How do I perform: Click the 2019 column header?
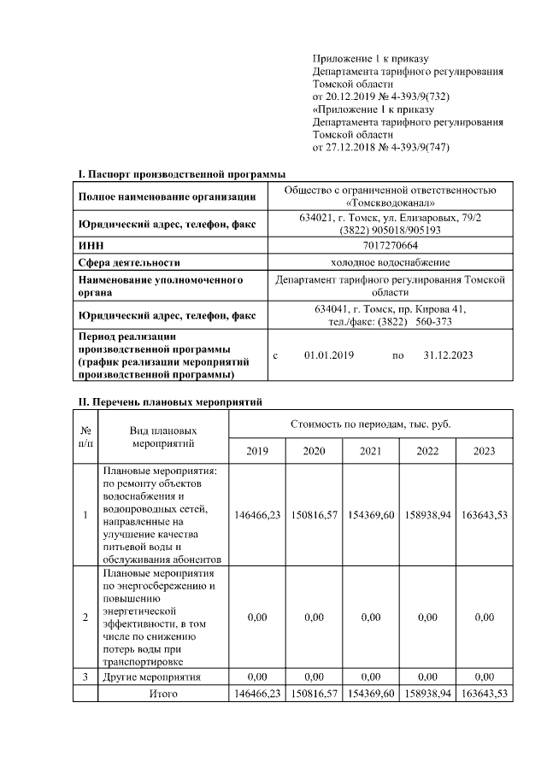pyautogui.click(x=257, y=451)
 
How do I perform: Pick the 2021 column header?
pyautogui.click(x=371, y=451)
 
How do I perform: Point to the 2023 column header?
pyautogui.click(x=485, y=451)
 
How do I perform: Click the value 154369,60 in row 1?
pyautogui.click(x=371, y=515)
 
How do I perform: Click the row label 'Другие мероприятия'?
pyautogui.click(x=151, y=677)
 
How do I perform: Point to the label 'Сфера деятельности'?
pyautogui.click(x=128, y=262)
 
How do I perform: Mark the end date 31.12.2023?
pyautogui.click(x=448, y=354)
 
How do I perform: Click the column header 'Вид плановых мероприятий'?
pyautogui.click(x=163, y=437)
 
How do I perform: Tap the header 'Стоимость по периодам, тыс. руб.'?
pyautogui.click(x=371, y=424)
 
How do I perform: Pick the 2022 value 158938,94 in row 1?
pyautogui.click(x=427, y=515)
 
